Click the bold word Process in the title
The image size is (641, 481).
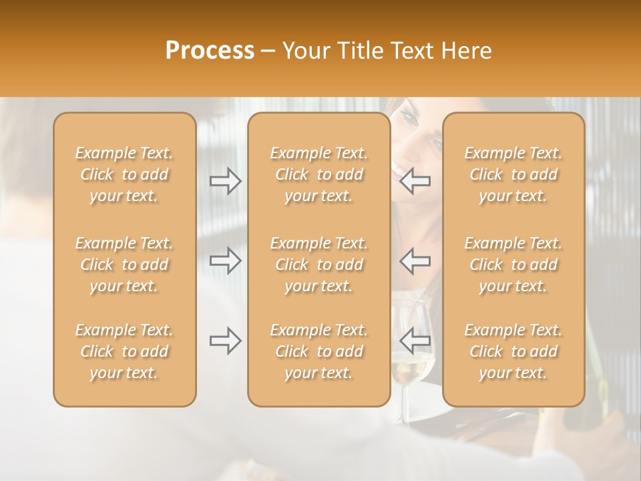click(210, 51)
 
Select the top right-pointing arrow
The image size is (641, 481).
click(226, 181)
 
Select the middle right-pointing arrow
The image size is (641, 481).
click(226, 261)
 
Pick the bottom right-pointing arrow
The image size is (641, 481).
click(226, 341)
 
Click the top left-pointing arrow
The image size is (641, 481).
click(415, 181)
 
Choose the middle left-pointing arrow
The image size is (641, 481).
click(415, 261)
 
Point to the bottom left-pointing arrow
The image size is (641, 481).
click(415, 341)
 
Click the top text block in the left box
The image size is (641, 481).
click(124, 174)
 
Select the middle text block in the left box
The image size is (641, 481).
click(124, 265)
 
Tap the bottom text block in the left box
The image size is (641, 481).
click(124, 351)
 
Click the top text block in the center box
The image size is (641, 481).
click(319, 174)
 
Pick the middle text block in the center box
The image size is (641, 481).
click(319, 265)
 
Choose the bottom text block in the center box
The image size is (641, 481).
click(319, 351)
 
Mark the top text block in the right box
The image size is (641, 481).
click(513, 174)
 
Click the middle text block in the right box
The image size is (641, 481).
click(513, 265)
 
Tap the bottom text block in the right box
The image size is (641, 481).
click(513, 351)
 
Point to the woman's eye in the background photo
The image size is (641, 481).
click(409, 118)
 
